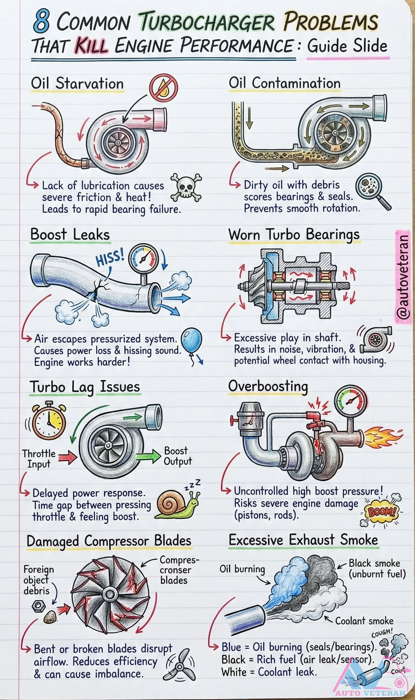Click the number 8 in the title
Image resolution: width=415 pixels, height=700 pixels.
42,21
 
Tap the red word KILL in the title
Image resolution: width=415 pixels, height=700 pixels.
91,46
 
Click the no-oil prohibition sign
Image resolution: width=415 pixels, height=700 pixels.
163,88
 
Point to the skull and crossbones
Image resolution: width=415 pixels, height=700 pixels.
186,187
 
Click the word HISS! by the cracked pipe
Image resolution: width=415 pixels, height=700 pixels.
110,257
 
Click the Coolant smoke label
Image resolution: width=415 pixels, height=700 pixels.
364,621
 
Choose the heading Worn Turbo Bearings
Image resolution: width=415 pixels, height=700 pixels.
294,234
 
